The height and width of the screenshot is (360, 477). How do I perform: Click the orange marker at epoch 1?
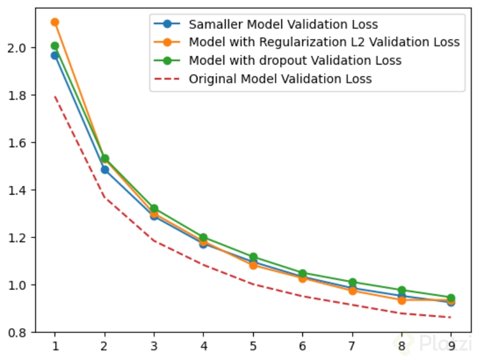(x=54, y=22)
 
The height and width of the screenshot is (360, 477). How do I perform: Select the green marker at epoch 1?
(x=54, y=46)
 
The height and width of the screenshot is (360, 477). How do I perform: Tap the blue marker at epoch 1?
(x=54, y=55)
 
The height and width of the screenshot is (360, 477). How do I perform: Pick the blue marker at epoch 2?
(x=104, y=169)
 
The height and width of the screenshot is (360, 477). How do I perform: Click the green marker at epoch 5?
(x=253, y=257)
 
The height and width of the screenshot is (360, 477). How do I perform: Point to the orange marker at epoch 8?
(x=401, y=300)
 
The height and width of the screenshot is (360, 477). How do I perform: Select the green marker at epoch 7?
(x=352, y=282)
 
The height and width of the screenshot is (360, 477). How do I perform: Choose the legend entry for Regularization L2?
(x=324, y=42)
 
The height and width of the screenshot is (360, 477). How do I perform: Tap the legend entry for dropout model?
(x=295, y=60)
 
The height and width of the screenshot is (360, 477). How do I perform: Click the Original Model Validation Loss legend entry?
(x=280, y=79)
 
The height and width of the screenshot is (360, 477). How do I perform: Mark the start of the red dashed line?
(x=54, y=96)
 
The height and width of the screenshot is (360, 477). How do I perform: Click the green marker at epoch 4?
(x=203, y=237)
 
